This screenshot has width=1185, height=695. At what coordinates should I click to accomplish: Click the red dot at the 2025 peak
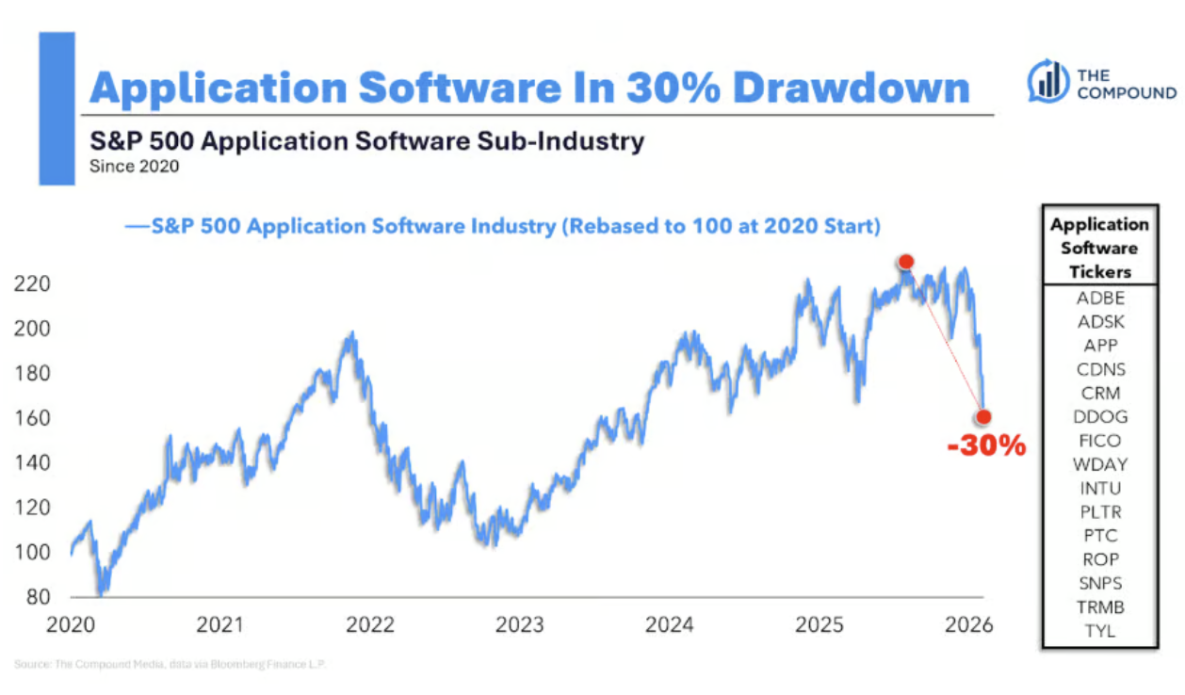coord(905,262)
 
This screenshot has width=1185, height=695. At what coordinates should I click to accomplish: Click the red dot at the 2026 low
coord(983,416)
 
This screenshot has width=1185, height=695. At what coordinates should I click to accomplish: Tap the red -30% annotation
coord(985,445)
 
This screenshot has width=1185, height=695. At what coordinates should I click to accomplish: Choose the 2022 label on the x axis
coord(370,624)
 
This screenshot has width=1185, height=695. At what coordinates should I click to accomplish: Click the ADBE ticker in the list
coord(1099,299)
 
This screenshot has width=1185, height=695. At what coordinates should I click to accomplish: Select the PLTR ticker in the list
coord(1099,512)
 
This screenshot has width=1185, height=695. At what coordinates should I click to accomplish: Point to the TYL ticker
coord(1099,631)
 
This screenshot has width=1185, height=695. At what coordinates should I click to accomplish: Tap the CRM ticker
coord(1099,394)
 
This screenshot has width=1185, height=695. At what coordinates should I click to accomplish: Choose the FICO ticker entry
coord(1099,441)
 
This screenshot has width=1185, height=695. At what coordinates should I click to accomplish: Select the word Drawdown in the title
coord(852,89)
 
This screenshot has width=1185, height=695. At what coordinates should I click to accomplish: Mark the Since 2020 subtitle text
coord(134,168)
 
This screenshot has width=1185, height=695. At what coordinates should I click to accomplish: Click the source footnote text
coord(170,665)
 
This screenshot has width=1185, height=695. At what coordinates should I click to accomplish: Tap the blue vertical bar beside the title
coord(57,108)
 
